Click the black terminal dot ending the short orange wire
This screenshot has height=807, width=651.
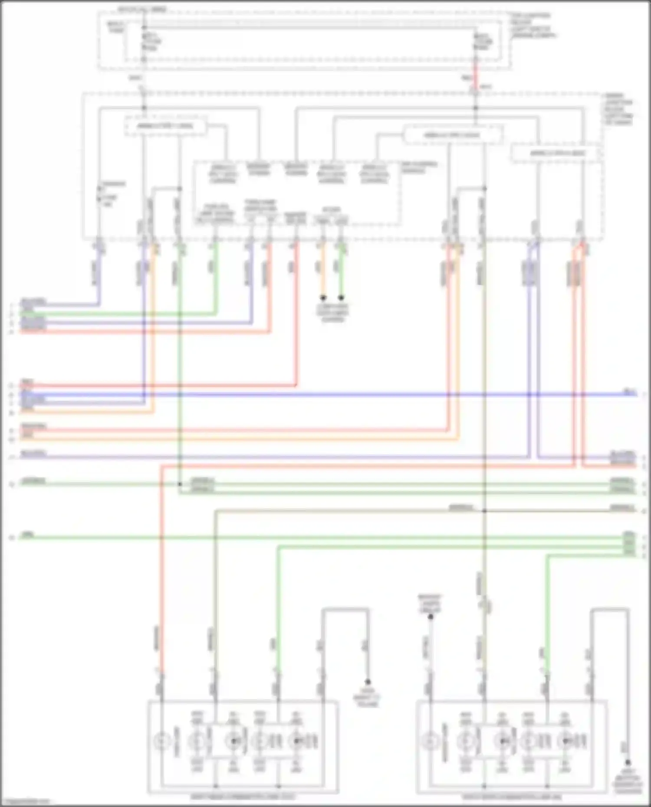click(x=323, y=298)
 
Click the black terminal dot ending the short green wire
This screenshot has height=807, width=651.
click(x=341, y=298)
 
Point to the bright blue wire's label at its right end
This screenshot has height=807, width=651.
click(x=629, y=392)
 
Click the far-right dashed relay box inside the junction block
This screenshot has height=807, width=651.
click(x=556, y=154)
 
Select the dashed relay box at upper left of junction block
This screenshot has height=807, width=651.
click(x=165, y=126)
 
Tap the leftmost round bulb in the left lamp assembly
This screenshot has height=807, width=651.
click(x=162, y=741)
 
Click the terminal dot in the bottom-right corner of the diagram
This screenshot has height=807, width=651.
click(x=628, y=762)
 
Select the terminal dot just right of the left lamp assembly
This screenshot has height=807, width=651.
click(x=368, y=682)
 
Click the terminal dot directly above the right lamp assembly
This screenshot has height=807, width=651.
click(x=431, y=617)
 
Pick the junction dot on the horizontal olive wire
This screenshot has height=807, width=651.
click(x=484, y=511)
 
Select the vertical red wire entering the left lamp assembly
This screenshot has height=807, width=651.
click(x=161, y=564)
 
